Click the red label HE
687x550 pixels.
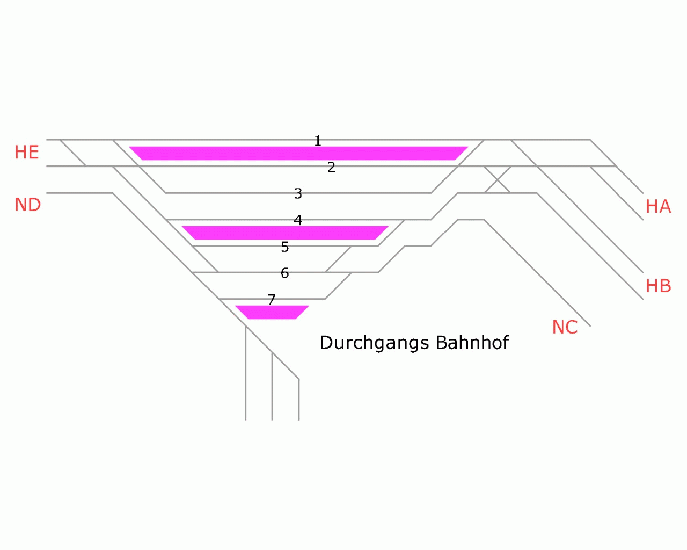pos(27,153)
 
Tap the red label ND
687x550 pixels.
pos(28,205)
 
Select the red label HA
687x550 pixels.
pos(658,206)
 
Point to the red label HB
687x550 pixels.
pos(658,286)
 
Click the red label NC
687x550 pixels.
pos(565,327)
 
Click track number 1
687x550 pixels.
pos(318,141)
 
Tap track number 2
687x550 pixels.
pos(331,168)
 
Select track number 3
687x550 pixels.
pos(298,193)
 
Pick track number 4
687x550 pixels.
pos(298,220)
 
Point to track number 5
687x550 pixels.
pos(285,247)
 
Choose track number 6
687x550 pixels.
pos(285,273)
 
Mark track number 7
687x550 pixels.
pos(272,300)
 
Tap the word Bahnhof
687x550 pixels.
pos(472,343)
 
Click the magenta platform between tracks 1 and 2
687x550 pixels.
pos(298,153)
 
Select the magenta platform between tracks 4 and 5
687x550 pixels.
pos(285,233)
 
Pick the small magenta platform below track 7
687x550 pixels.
pos(272,312)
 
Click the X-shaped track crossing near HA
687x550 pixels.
pos(498,179)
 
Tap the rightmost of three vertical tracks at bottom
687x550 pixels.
pos(298,400)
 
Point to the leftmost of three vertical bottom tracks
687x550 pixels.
pos(246,376)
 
